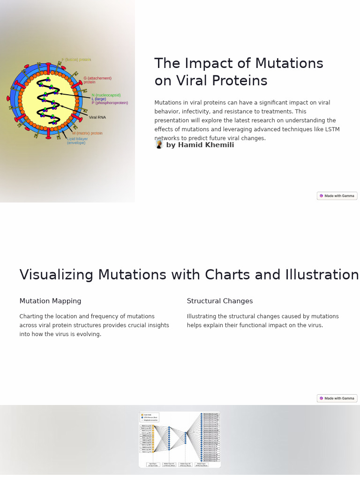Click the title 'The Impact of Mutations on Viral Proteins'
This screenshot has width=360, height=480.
coord(239,72)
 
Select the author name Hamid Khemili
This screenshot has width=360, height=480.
coord(200,145)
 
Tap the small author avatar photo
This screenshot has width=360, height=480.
coord(159,144)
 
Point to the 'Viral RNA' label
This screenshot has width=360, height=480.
coord(97,117)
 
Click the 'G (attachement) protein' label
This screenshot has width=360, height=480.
coord(97,80)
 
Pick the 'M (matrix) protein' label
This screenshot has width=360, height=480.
coord(88,134)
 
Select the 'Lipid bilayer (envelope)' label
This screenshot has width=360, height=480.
coord(77,141)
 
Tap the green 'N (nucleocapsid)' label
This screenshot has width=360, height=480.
coord(106,95)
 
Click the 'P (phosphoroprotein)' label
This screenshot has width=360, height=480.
coord(110,103)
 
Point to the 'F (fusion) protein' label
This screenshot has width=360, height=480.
coord(76,60)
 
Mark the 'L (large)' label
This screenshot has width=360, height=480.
coord(99,99)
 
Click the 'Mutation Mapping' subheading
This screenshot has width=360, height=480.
coord(50,301)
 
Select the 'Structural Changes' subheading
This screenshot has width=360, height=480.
coord(220,301)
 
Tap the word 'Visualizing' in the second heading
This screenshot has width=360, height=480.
coord(56,275)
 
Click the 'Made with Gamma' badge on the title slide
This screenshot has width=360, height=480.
coord(337,196)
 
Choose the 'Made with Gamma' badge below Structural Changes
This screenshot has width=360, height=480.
coord(337,398)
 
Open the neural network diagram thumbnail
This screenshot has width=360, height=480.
coord(180,440)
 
